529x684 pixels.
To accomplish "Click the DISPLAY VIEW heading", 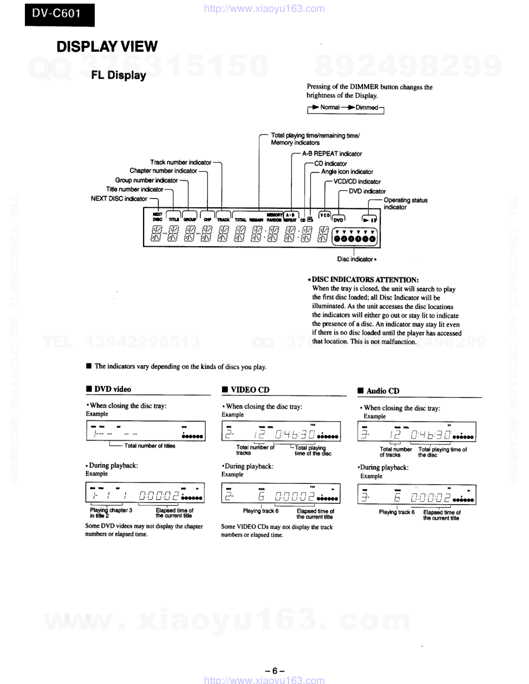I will coord(107,47).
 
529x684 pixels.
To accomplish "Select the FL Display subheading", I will coord(118,75).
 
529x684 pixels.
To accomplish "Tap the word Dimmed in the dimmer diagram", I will coord(367,108).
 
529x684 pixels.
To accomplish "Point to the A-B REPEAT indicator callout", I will coord(332,154).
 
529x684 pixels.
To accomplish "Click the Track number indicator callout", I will coord(180,163).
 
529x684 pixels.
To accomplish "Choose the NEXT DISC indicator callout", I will coord(119,199).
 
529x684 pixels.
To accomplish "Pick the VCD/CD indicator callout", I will coord(357,182).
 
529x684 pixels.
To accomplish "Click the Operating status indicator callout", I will coord(405,204).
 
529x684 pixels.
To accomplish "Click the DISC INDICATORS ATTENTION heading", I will coord(365,280).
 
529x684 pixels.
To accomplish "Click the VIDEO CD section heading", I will coord(249,390).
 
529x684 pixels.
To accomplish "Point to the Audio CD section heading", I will coord(382,391).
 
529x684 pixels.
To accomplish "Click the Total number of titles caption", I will coord(149,446).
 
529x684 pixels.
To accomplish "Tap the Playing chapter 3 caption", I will coord(110,510).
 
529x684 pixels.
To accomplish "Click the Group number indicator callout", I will coord(146,181).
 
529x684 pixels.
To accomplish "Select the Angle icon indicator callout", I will coord(347,172).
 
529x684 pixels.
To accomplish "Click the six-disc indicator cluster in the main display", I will coord(355,239).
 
